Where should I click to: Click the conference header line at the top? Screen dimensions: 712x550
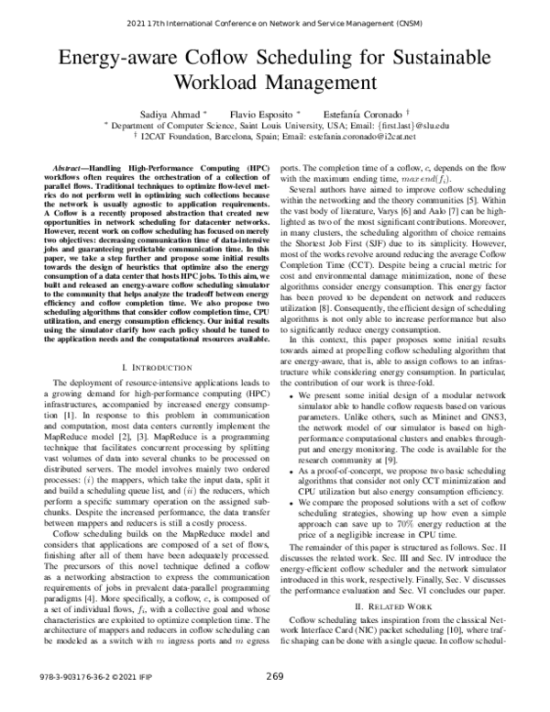pos(274,21)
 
